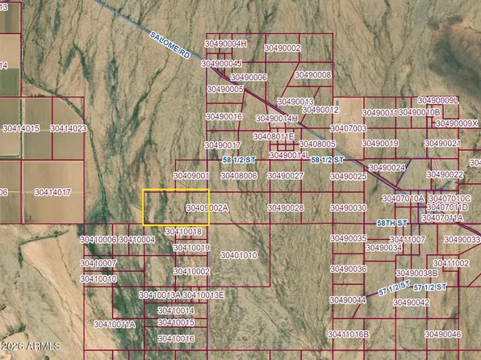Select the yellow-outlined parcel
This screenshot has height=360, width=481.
(175, 207)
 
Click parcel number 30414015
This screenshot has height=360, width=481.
(21, 128)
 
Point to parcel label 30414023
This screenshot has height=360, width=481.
(68, 128)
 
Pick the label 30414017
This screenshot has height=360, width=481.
(52, 193)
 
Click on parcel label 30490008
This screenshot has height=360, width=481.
(312, 75)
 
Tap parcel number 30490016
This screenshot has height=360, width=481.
(224, 117)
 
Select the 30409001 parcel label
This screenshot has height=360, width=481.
(191, 175)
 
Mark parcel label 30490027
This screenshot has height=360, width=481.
(285, 175)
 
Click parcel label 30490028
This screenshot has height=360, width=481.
(285, 208)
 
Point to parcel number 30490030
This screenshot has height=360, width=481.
(349, 208)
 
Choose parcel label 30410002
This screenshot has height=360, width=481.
(191, 272)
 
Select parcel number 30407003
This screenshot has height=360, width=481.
(349, 128)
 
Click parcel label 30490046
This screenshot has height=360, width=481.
(443, 334)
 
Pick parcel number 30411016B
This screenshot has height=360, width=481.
(349, 334)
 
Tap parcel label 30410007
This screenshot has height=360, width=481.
(98, 263)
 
